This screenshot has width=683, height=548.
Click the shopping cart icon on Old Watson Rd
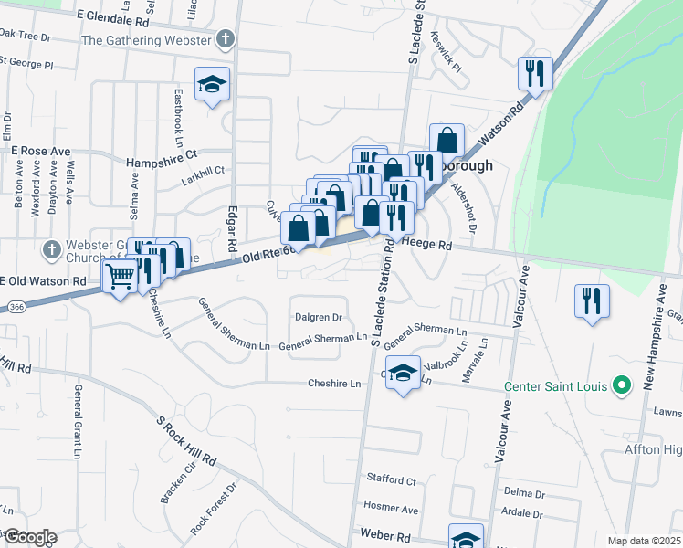pos(121,275)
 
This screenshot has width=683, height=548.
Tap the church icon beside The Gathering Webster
pos(226,40)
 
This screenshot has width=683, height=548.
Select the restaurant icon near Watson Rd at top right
pos(535,72)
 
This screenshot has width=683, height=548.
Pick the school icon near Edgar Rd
pos(212,85)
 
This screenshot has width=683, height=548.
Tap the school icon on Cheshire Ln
pos(403,373)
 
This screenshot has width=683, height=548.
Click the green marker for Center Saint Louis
pos(622,386)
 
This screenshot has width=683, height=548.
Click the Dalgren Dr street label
pos(318,318)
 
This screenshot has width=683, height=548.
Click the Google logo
pos(29,537)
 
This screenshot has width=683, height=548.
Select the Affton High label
pos(653,449)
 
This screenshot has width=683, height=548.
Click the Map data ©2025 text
pos(644,541)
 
